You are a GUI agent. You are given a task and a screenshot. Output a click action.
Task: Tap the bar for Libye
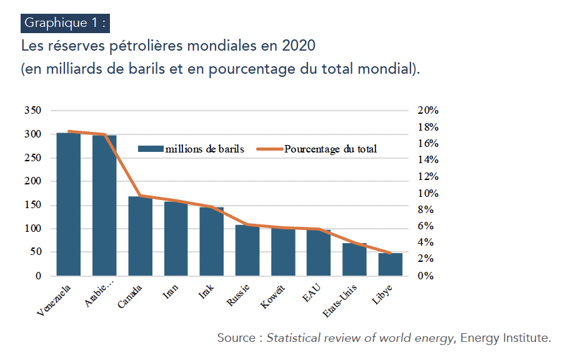click(x=390, y=264)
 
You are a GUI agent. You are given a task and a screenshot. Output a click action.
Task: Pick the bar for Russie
click(x=247, y=251)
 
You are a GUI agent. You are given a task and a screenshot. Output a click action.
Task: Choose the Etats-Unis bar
click(x=355, y=259)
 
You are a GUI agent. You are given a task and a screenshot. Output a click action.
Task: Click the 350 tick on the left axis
click(x=32, y=111)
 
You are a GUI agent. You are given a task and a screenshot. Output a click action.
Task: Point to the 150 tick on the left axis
click(x=32, y=205)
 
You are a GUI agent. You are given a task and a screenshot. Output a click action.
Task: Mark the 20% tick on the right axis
click(x=429, y=111)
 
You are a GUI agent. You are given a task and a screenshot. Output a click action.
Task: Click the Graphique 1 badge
click(x=66, y=23)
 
